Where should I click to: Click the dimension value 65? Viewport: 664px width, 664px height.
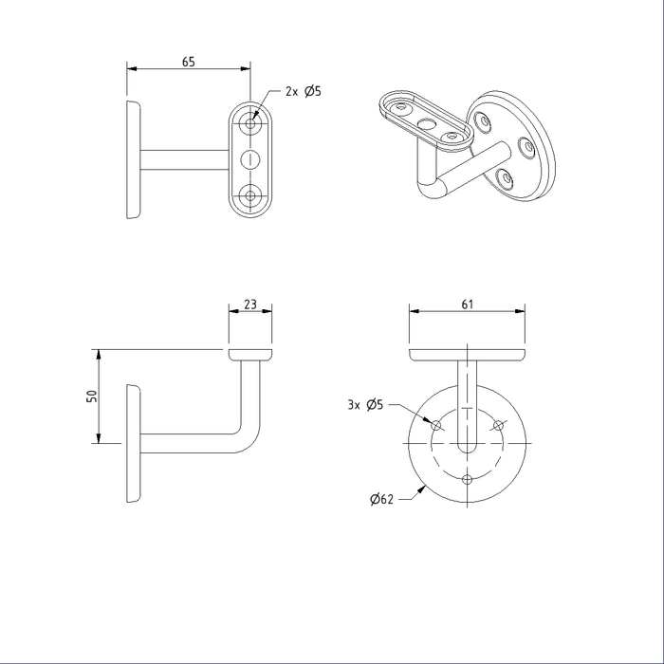189,61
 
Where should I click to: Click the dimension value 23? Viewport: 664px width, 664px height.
250,304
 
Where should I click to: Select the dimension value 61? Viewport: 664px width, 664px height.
467,304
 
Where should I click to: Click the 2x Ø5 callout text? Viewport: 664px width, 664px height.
304,92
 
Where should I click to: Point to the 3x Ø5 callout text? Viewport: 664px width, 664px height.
365,404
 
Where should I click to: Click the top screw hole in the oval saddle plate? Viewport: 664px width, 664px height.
251,122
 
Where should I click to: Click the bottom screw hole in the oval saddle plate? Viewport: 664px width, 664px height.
251,195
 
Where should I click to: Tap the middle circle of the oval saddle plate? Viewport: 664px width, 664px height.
251,158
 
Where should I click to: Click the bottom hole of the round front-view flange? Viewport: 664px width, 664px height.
467,480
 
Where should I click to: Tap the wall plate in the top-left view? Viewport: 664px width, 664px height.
134,158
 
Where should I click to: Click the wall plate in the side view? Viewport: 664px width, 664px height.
134,444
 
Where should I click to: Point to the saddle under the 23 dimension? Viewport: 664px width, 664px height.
250,356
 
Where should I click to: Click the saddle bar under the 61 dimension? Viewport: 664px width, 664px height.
467,356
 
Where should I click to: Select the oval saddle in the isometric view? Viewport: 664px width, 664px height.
425,120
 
